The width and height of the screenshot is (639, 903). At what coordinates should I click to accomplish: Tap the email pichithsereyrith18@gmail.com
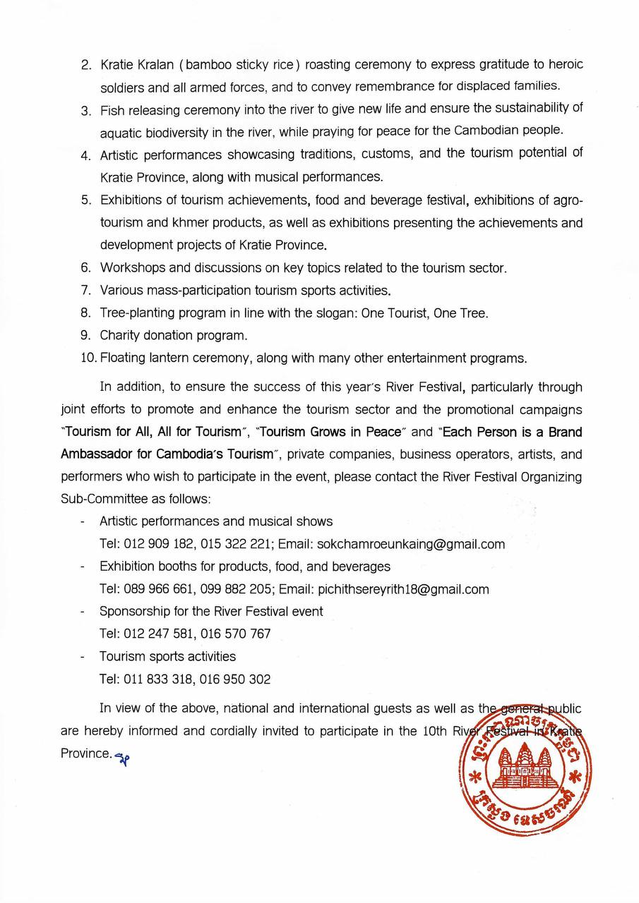click(403, 589)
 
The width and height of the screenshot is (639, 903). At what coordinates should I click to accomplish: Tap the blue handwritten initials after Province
click(124, 756)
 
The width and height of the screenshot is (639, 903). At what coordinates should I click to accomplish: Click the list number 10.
click(88, 358)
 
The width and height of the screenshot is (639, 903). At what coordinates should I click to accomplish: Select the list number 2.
click(86, 65)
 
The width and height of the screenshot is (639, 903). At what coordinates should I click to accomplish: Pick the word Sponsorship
click(133, 612)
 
